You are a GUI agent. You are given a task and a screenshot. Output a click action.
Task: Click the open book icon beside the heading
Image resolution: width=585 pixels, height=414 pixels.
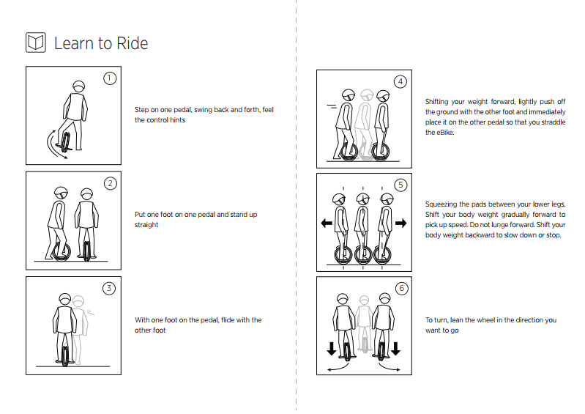click(36, 42)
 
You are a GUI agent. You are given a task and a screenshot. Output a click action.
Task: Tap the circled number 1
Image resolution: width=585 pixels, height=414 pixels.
click(110, 78)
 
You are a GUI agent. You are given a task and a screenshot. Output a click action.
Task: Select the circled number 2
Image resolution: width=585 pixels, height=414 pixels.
click(110, 183)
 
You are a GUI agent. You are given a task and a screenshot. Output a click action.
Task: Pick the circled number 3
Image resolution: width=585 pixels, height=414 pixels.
click(110, 288)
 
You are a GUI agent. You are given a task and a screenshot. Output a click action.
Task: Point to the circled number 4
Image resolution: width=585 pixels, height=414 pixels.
click(400, 81)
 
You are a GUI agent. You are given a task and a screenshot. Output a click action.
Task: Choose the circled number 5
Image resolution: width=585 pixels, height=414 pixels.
click(400, 185)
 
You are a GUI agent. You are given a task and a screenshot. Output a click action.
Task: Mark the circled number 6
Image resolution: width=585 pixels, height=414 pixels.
click(400, 289)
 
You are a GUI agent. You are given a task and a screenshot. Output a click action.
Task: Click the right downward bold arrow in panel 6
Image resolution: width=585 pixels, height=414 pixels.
click(396, 347)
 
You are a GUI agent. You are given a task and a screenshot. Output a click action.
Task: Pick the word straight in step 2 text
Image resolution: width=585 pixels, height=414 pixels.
click(146, 225)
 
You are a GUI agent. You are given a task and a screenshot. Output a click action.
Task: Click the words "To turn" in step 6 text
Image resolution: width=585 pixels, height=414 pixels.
click(436, 320)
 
